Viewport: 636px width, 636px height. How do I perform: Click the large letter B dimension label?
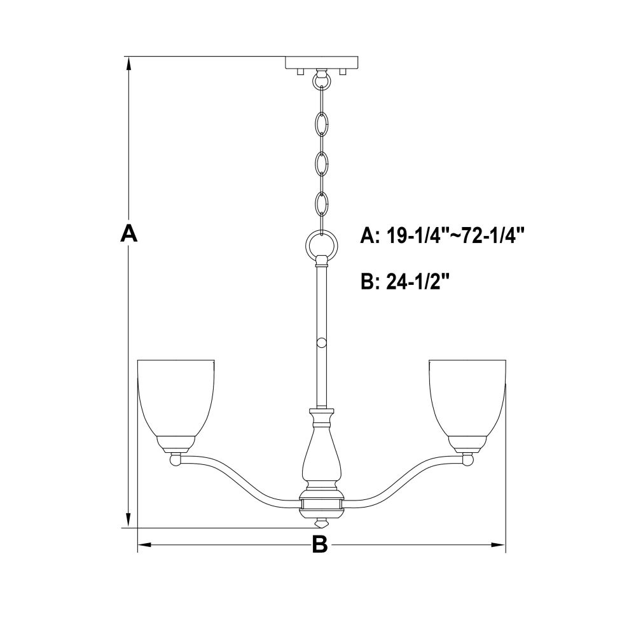(x=320, y=544)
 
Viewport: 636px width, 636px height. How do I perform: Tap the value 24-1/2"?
(x=419, y=281)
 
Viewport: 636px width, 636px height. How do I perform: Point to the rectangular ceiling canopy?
(x=322, y=62)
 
